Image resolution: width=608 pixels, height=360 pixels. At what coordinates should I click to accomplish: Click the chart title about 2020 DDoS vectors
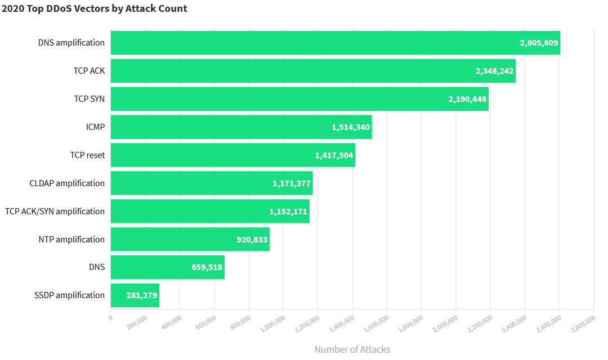pyautogui.click(x=95, y=8)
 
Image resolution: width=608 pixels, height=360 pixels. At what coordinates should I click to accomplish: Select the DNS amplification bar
pyautogui.click(x=335, y=43)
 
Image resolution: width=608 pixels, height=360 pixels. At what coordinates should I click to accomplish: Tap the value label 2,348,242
pyautogui.click(x=494, y=71)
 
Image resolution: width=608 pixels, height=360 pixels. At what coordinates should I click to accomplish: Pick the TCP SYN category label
pyautogui.click(x=89, y=99)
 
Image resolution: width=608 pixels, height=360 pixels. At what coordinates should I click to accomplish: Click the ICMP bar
pyautogui.click(x=241, y=127)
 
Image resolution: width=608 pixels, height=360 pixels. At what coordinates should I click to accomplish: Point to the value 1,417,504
pyautogui.click(x=334, y=155)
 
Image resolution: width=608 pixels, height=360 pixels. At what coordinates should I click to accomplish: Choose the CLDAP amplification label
pyautogui.click(x=67, y=183)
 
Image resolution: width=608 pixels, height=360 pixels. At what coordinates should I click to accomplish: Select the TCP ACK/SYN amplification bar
pyautogui.click(x=210, y=211)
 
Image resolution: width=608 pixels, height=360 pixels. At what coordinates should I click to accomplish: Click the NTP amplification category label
pyautogui.click(x=71, y=240)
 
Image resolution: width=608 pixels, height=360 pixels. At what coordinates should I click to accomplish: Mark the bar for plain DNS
pyautogui.click(x=167, y=268)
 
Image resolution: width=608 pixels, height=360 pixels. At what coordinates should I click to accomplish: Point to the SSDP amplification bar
pyautogui.click(x=135, y=295)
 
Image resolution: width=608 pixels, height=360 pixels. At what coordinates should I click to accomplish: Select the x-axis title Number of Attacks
pyautogui.click(x=352, y=349)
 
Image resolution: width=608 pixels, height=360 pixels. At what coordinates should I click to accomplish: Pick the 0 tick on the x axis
pyautogui.click(x=110, y=318)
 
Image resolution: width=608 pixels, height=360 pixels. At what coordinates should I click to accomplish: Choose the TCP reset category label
pyautogui.click(x=87, y=155)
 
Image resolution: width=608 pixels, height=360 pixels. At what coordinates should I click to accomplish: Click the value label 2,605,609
pyautogui.click(x=539, y=43)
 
